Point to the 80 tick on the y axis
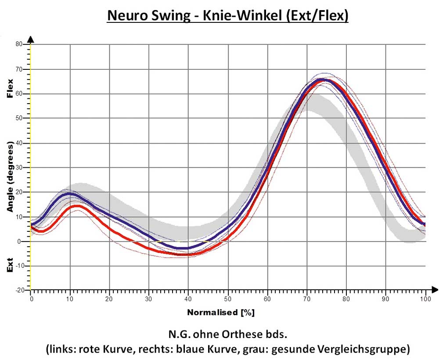tap(19, 44)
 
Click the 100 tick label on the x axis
tap(425, 299)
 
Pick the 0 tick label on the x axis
tap(31, 299)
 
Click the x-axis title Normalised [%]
tap(220, 313)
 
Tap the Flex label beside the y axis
tap(10, 88)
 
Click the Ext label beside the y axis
tap(10, 265)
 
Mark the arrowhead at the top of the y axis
tap(31, 39)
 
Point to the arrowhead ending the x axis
tap(434, 289)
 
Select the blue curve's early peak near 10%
tap(69, 193)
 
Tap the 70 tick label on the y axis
tap(19, 69)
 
